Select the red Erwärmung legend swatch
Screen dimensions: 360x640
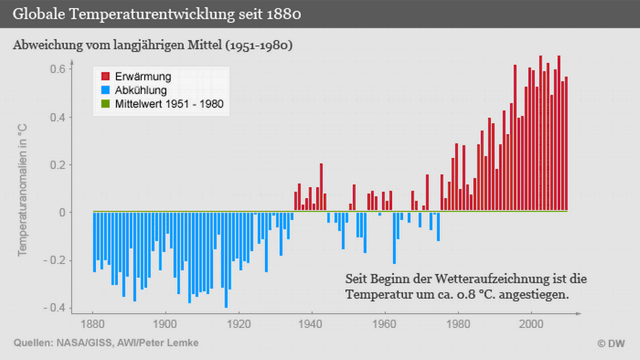(x=106, y=76)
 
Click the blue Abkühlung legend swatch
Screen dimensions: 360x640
(x=106, y=90)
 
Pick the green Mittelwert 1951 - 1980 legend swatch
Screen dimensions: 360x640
(x=106, y=104)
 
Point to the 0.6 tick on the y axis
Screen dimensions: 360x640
(x=57, y=69)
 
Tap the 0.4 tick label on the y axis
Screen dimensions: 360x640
(x=57, y=117)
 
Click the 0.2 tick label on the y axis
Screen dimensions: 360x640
(x=57, y=165)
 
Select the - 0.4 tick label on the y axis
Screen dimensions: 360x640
(x=54, y=308)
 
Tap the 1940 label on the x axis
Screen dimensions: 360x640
(x=311, y=324)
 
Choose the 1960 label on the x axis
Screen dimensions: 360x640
(x=385, y=324)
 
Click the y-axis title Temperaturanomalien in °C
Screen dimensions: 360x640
(x=22, y=190)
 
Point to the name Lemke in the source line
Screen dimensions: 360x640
(x=182, y=343)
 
